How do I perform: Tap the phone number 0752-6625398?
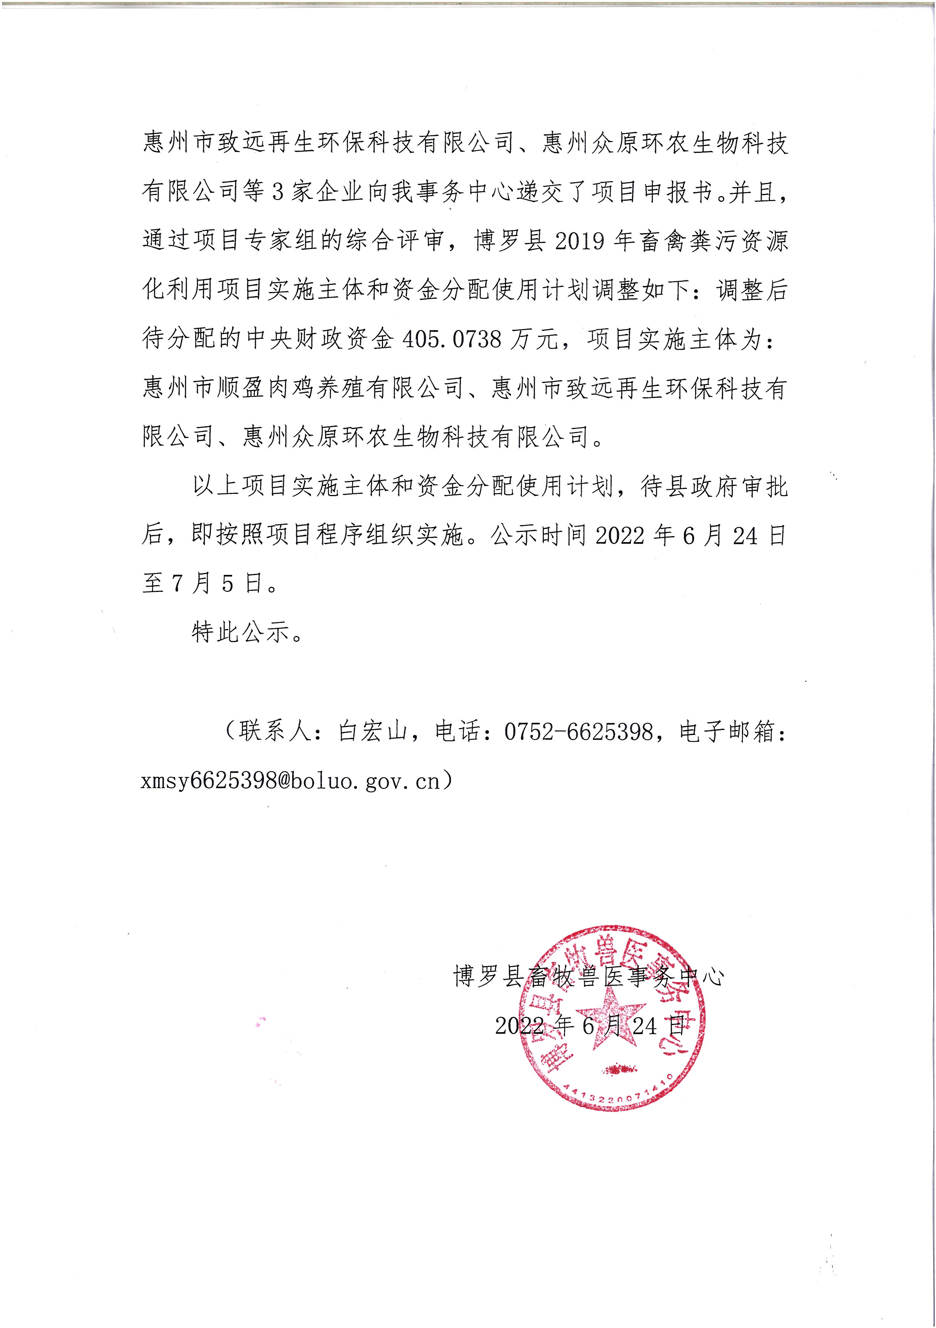pos(579,732)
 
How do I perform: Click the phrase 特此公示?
pos(240,633)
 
